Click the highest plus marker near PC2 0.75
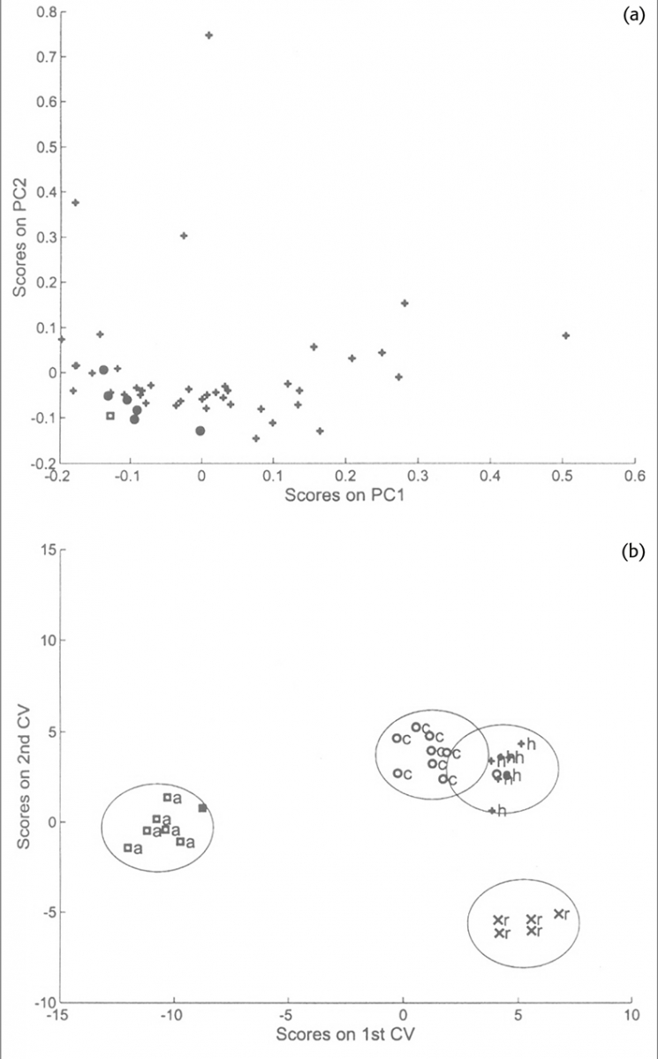pyautogui.click(x=209, y=35)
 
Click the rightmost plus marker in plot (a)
pyautogui.click(x=566, y=335)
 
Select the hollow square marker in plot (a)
pyautogui.click(x=110, y=416)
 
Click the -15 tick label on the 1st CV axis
pyautogui.click(x=59, y=1013)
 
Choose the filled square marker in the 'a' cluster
pyautogui.click(x=202, y=807)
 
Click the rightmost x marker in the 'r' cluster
pyautogui.click(x=558, y=913)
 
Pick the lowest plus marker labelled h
pyautogui.click(x=492, y=810)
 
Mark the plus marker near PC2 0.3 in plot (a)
pyautogui.click(x=184, y=236)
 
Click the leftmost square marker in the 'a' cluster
pyautogui.click(x=128, y=847)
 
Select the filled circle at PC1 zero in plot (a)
pyautogui.click(x=200, y=431)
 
